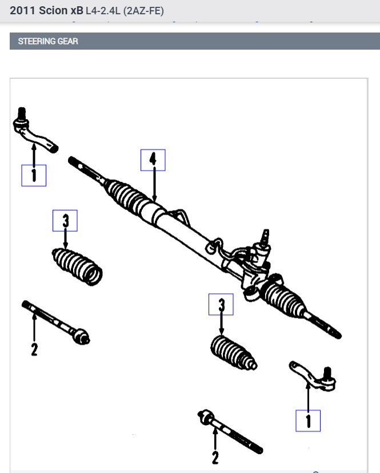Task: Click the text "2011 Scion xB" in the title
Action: click(46, 11)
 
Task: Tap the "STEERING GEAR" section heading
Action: click(48, 41)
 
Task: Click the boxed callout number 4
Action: click(153, 160)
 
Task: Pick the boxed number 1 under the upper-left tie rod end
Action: click(34, 175)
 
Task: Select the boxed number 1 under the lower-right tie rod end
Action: click(308, 421)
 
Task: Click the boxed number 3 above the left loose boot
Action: click(65, 220)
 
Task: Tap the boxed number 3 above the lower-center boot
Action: click(221, 305)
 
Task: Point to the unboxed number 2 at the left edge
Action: click(34, 349)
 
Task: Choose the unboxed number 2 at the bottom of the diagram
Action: click(215, 456)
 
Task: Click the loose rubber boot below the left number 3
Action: click(78, 265)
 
